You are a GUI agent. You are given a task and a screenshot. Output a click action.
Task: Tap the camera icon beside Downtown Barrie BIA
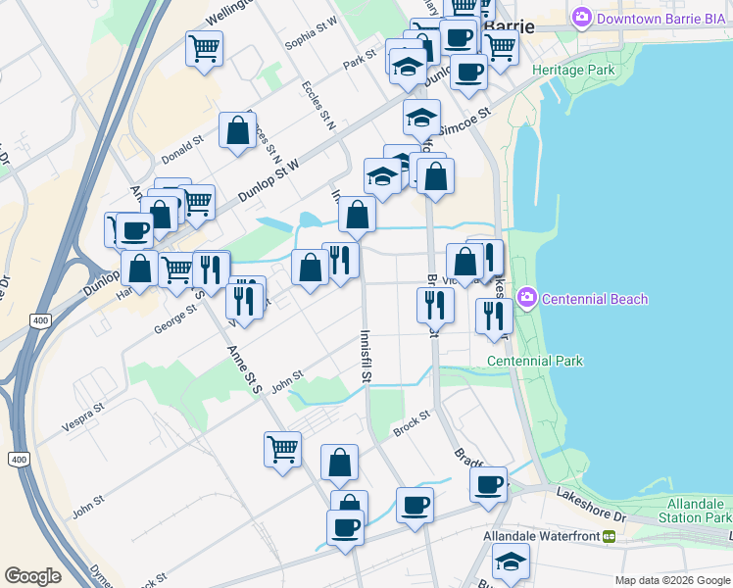582,17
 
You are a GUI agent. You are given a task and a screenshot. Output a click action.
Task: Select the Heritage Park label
573,71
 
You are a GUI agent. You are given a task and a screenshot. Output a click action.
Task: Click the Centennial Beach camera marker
527,297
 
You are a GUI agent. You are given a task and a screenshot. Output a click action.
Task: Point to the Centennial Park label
535,361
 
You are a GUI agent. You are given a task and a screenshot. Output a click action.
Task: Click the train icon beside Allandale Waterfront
609,537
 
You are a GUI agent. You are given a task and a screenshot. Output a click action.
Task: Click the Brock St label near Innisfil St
412,423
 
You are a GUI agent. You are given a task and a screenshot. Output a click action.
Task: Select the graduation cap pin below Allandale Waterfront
511,563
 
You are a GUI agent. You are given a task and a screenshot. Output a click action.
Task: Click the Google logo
32,576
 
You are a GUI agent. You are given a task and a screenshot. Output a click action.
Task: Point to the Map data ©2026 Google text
672,580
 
